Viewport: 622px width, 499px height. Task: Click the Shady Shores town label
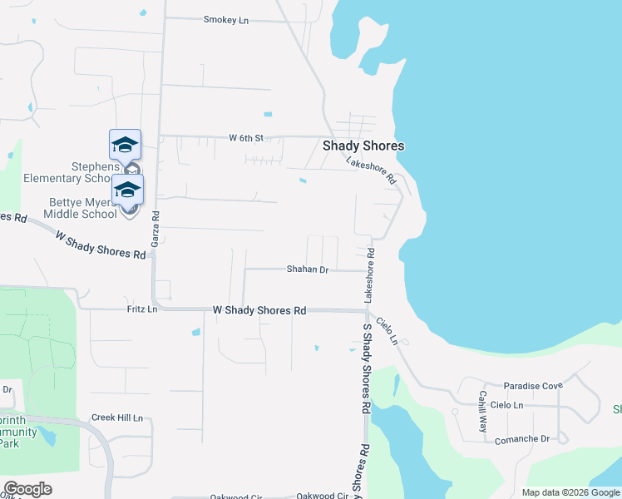(x=363, y=146)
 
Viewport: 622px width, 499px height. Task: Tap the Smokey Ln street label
(x=226, y=20)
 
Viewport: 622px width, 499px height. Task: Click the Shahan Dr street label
(x=308, y=269)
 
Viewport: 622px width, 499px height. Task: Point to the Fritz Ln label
(x=142, y=309)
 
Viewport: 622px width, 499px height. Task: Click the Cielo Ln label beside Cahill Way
(x=506, y=405)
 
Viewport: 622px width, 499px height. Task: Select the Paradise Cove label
(x=533, y=386)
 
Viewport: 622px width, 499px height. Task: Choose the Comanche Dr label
(x=522, y=438)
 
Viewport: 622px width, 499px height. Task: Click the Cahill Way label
(x=481, y=411)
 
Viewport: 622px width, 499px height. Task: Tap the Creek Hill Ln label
(x=116, y=417)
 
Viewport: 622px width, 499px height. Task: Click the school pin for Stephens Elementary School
(x=125, y=145)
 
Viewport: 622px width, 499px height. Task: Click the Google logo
(x=27, y=489)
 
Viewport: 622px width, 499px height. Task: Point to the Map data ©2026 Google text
(x=570, y=492)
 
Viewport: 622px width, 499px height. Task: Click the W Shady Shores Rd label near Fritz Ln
(x=259, y=310)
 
